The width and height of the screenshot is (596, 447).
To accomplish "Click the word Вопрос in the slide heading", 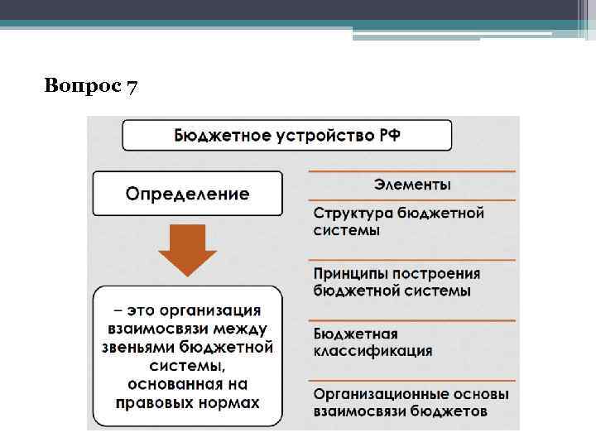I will pyautogui.click(x=83, y=86).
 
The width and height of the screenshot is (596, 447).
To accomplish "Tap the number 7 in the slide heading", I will pyautogui.click(x=132, y=86).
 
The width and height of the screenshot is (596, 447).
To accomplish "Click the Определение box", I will pyautogui.click(x=187, y=194).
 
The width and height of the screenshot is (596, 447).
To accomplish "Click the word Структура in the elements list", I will pyautogui.click(x=353, y=214).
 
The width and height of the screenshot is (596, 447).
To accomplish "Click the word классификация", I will pyautogui.click(x=372, y=351).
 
